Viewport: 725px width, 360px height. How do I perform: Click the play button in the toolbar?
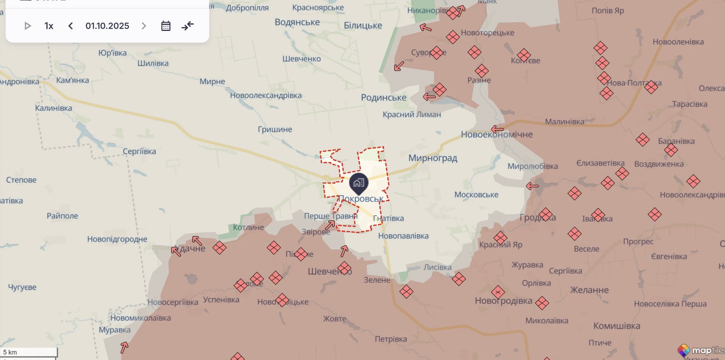click(x=27, y=26)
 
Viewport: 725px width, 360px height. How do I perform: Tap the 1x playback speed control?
click(x=49, y=26)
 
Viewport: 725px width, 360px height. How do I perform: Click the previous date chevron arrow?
click(x=70, y=26)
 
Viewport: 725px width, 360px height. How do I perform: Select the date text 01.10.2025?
click(x=107, y=26)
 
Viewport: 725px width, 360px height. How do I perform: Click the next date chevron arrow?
click(x=144, y=26)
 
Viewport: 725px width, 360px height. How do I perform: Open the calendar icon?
click(x=166, y=26)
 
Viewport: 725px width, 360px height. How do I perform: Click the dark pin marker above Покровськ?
click(x=359, y=183)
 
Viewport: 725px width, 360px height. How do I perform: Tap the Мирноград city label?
click(x=433, y=158)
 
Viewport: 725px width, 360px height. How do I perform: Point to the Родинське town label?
click(x=384, y=98)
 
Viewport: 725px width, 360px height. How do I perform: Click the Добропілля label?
click(x=247, y=8)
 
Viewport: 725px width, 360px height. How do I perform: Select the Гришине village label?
click(x=275, y=129)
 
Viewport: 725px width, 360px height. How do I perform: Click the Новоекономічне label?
click(x=497, y=135)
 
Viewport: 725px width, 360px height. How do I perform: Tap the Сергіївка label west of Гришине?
click(x=139, y=152)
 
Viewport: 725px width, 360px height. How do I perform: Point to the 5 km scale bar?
click(x=29, y=352)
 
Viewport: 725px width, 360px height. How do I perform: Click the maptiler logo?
click(x=701, y=351)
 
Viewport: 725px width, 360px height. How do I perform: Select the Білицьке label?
click(x=362, y=26)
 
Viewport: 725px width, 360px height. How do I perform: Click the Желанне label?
click(x=589, y=290)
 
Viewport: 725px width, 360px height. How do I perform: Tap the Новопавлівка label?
click(x=403, y=236)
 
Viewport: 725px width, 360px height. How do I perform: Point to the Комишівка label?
click(x=616, y=326)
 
